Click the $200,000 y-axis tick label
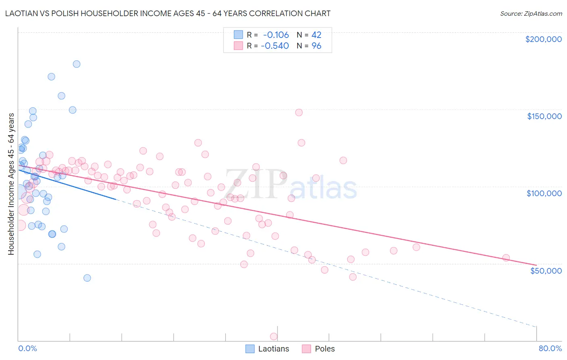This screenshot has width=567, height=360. (x=543, y=39)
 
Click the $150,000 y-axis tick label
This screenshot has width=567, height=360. (x=544, y=116)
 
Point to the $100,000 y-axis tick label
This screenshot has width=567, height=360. (x=544, y=193)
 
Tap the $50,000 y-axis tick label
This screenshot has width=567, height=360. (x=546, y=270)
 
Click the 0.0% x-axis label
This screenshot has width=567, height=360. (x=27, y=348)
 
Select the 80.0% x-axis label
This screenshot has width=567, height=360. (x=550, y=348)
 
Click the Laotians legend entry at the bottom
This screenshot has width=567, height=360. (x=267, y=349)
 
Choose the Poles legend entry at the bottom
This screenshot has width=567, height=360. (x=319, y=349)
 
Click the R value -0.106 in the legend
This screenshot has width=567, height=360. (x=276, y=35)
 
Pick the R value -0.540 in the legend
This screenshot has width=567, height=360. (x=275, y=46)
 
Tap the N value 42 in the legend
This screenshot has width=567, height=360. (x=316, y=35)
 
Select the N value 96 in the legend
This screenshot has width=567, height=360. (x=316, y=46)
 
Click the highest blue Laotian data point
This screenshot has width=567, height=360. (x=76, y=64)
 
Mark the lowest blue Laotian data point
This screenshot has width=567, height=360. (x=87, y=278)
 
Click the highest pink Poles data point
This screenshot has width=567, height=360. (x=299, y=112)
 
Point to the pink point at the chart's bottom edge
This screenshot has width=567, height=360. (x=273, y=337)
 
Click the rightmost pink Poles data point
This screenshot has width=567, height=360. (x=506, y=257)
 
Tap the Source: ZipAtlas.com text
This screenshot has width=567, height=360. (x=531, y=13)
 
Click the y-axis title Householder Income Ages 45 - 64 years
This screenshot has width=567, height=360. (x=11, y=184)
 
